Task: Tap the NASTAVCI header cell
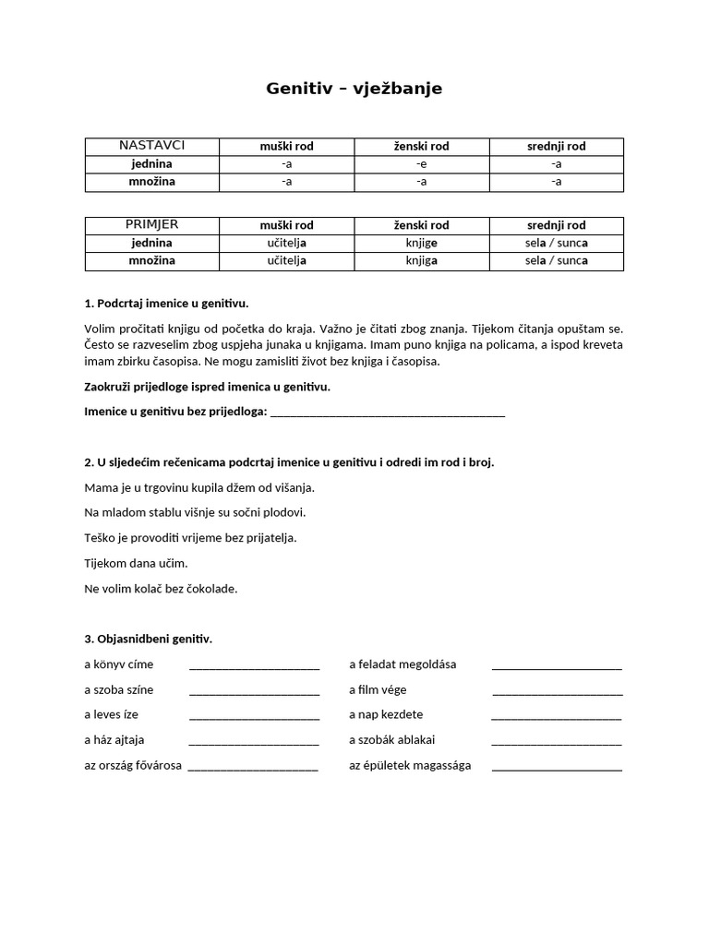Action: [x=152, y=146]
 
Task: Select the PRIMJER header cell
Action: [x=152, y=225]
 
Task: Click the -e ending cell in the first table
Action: [x=421, y=164]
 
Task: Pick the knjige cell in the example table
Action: [x=421, y=244]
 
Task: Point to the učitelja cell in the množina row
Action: [x=286, y=261]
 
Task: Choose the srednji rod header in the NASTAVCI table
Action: [x=556, y=147]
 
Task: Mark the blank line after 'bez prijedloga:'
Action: [x=388, y=413]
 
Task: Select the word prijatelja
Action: [x=267, y=537]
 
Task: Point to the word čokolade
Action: [x=211, y=588]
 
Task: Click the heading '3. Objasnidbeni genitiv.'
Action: [x=148, y=639]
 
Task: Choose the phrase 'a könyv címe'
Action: [x=118, y=664]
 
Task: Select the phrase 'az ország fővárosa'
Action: [x=133, y=765]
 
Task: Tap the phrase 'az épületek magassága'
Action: [x=410, y=765]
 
